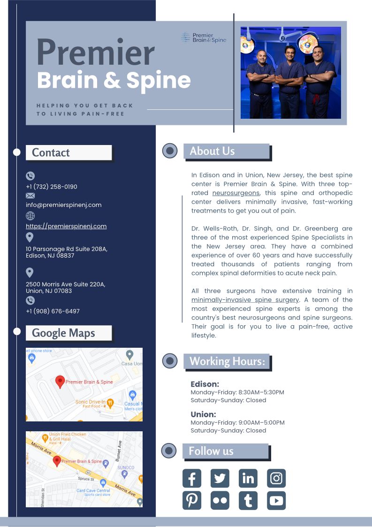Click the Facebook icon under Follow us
point(191,478)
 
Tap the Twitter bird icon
point(220,478)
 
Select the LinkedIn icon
point(248,478)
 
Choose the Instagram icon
point(276,478)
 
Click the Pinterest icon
point(191,501)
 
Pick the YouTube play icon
point(276,501)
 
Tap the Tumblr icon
point(248,501)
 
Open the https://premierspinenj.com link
point(66,226)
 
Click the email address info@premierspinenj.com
point(63,205)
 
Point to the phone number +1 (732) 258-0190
point(52,187)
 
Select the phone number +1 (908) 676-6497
point(53,311)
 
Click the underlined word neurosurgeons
point(235,193)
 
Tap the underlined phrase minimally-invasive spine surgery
point(245,300)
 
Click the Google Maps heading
point(63,333)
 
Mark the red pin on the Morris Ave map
point(57,461)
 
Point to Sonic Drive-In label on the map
point(91,402)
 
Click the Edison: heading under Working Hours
point(205,384)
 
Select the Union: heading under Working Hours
point(203,414)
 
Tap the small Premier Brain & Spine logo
point(204,38)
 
